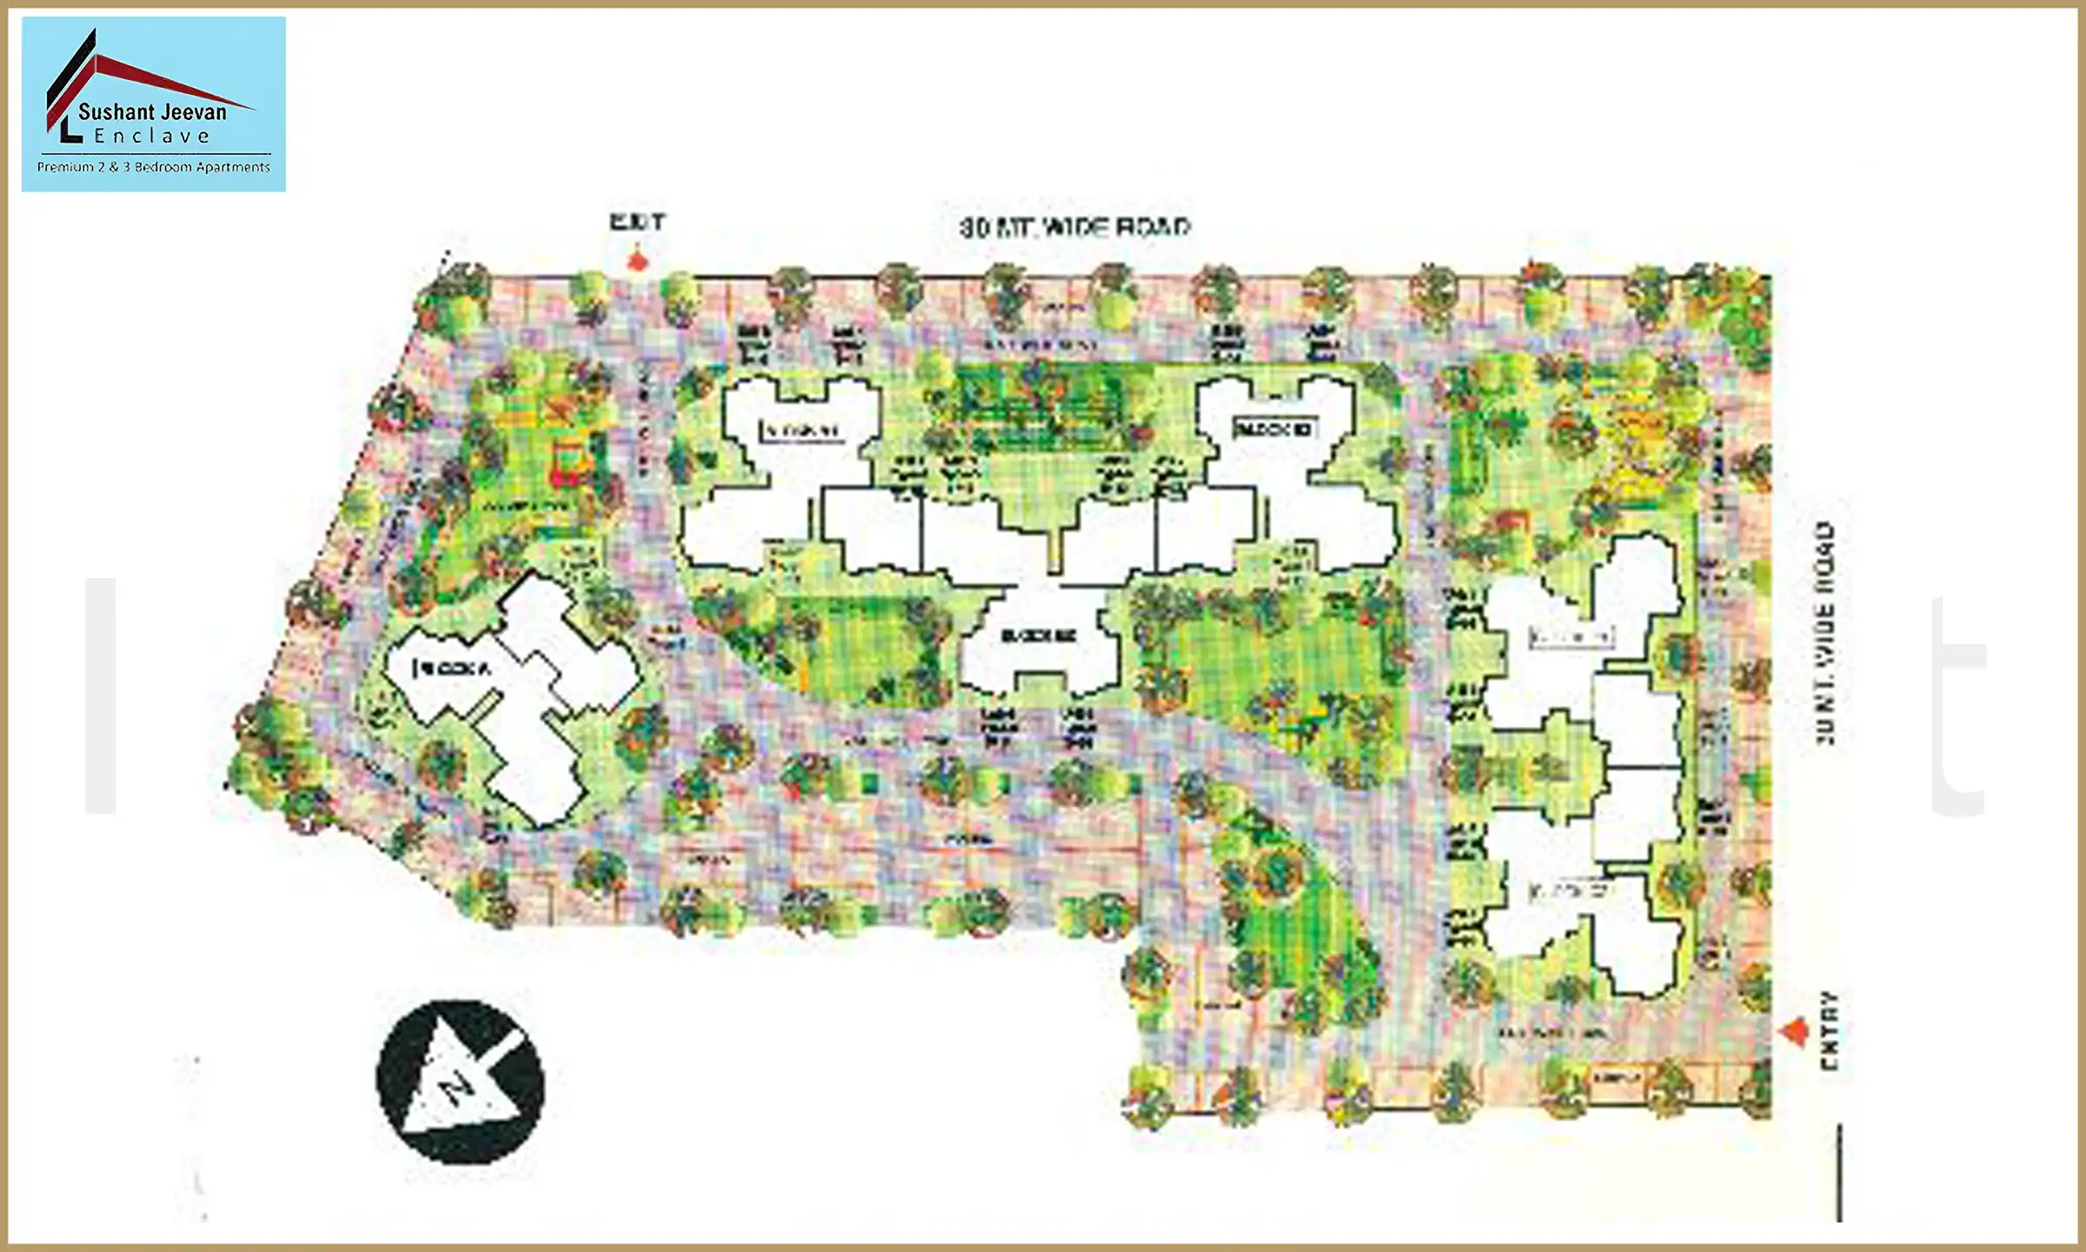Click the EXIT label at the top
click(637, 223)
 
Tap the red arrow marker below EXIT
click(639, 261)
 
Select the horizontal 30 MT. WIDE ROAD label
click(1074, 227)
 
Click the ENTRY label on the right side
click(1830, 1031)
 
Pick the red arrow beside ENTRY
click(1794, 1032)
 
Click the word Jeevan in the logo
click(193, 111)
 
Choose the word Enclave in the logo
click(152, 137)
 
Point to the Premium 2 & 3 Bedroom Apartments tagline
click(153, 167)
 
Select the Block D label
click(1274, 429)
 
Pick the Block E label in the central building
click(1039, 636)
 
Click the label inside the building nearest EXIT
click(801, 430)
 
